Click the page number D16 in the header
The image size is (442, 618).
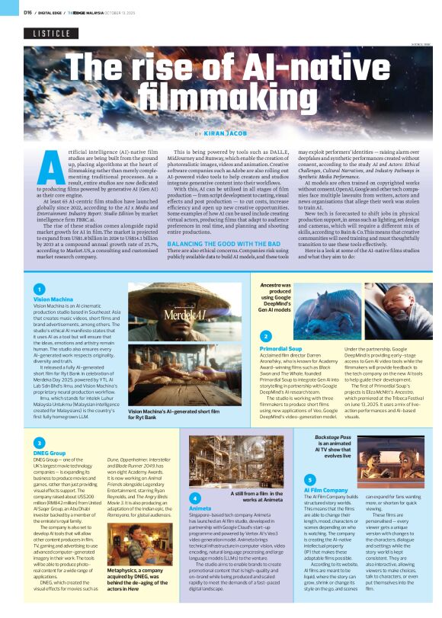coord(27,12)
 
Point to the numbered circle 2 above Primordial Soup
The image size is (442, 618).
coord(265,336)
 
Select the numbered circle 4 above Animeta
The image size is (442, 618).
coord(194,497)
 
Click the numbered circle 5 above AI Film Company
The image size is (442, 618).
coord(309,478)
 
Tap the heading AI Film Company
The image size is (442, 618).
coord(325,488)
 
